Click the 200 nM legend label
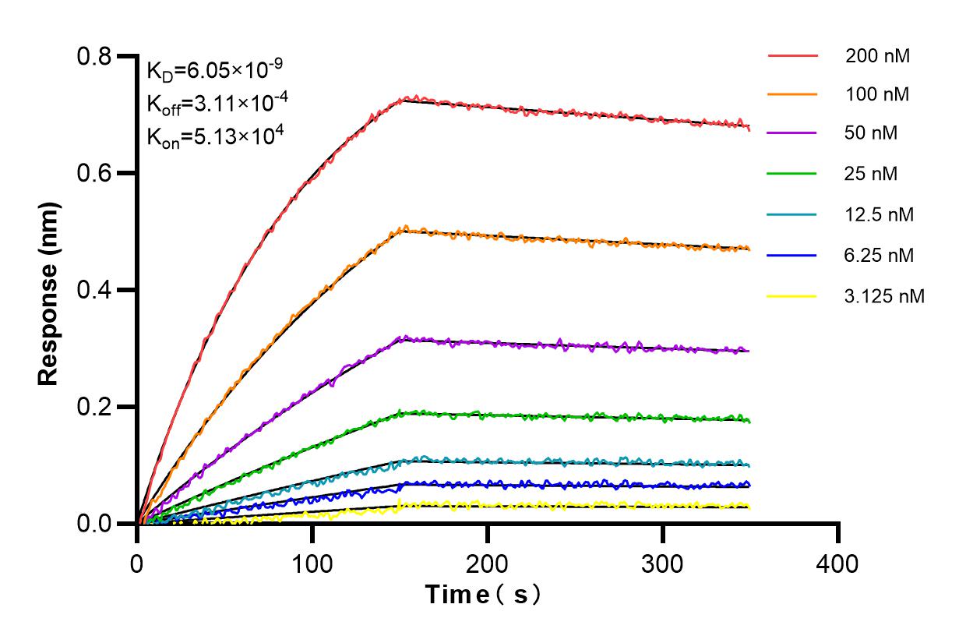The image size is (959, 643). [877, 56]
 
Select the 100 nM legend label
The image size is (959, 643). [877, 95]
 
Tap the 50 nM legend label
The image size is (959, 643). [871, 133]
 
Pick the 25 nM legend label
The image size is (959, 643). [871, 174]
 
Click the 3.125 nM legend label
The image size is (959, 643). [885, 296]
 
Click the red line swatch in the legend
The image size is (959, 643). [792, 56]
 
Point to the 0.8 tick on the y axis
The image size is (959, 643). [94, 56]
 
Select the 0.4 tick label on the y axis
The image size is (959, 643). [94, 290]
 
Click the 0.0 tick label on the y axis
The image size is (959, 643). [94, 523]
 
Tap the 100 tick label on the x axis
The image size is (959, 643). [312, 563]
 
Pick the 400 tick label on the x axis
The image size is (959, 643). [838, 563]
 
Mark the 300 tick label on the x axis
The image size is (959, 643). [663, 563]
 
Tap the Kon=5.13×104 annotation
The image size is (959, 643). [204, 136]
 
